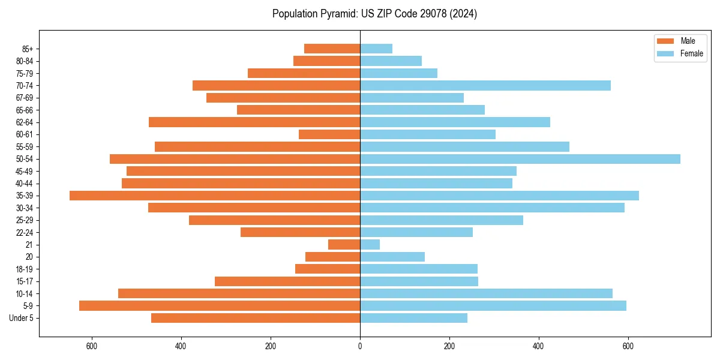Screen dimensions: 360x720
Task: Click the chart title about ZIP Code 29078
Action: click(374, 14)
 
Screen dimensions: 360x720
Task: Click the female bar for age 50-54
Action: click(520, 159)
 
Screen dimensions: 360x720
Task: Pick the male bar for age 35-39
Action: click(215, 196)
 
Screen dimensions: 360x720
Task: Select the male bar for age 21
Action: click(344, 245)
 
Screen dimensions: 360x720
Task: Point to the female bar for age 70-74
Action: click(485, 86)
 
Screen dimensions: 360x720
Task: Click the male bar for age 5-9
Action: click(220, 306)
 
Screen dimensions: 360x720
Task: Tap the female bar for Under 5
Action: click(413, 318)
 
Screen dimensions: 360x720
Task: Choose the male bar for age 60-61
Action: click(329, 134)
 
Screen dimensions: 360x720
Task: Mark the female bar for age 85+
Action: click(376, 49)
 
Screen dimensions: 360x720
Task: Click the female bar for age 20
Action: click(392, 257)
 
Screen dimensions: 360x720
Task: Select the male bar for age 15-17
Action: click(287, 281)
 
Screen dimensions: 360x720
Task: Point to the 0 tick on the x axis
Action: click(360, 346)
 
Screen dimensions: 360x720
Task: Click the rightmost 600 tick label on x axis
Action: click(628, 346)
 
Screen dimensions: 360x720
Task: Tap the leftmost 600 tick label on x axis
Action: click(92, 346)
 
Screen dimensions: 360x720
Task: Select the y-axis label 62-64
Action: click(25, 122)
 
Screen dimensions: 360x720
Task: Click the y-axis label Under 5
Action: click(22, 318)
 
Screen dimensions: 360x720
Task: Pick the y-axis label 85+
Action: click(28, 49)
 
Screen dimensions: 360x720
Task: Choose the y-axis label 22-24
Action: click(25, 232)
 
